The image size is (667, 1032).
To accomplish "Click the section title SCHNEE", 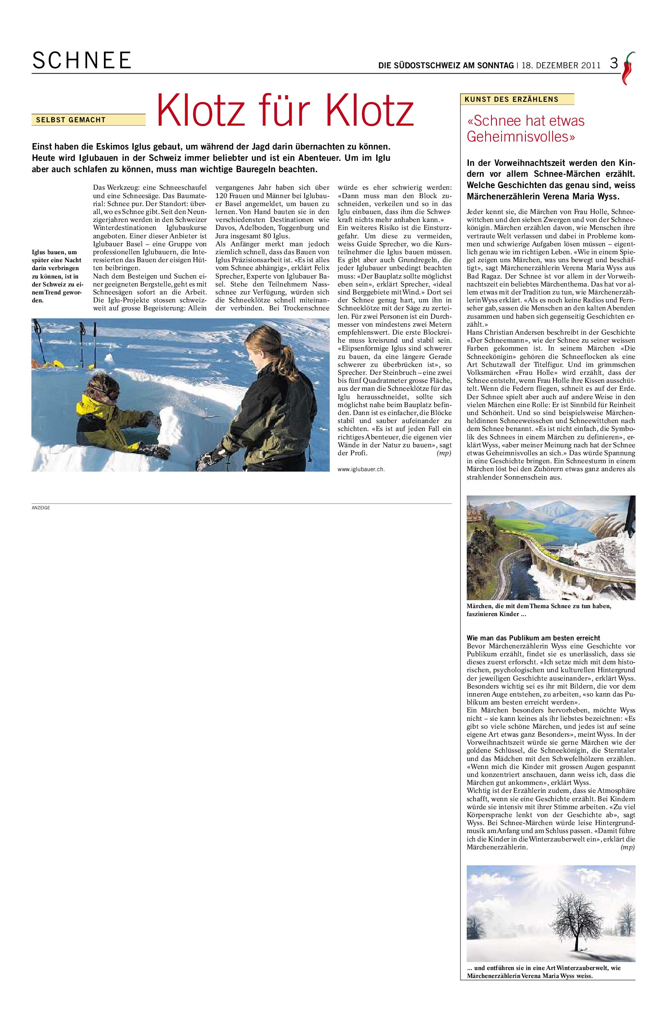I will pyautogui.click(x=81, y=61).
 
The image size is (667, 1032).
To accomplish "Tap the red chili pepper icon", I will pyautogui.click(x=627, y=68).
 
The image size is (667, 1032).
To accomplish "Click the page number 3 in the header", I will pyautogui.click(x=614, y=64).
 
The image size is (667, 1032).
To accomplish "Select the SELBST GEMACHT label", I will pyautogui.click(x=71, y=120).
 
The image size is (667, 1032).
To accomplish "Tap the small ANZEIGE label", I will pyautogui.click(x=41, y=508).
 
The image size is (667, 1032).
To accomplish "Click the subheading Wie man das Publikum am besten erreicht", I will pyautogui.click(x=534, y=637).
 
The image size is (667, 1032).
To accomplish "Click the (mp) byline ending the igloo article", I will pyautogui.click(x=444, y=453).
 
